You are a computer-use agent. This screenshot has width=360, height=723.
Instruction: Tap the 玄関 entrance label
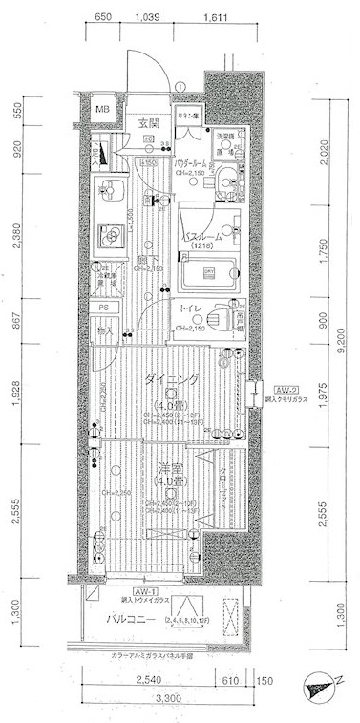click(x=147, y=121)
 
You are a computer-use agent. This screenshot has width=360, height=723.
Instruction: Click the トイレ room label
click(x=189, y=308)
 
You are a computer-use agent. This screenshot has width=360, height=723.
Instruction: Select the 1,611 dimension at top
click(x=215, y=18)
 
